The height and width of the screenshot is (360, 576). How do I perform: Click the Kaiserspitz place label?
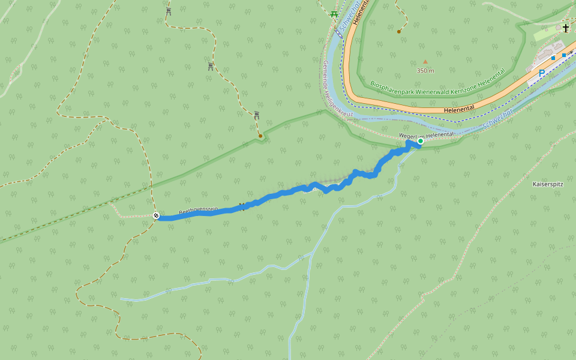point(548,185)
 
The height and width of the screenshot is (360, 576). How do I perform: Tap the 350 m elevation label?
point(425,70)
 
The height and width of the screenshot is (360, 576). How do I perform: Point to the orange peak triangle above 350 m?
point(425,61)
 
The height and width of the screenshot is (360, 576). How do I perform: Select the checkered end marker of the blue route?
point(156,215)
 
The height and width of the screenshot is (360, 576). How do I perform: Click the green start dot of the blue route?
point(420,142)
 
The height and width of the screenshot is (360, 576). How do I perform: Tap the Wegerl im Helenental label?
point(427,135)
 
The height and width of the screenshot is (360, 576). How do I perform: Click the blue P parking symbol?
point(541,73)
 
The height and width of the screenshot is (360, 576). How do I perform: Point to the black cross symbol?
point(566,28)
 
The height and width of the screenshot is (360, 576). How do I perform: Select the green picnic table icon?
point(334,14)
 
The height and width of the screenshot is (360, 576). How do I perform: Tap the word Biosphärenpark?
point(392,84)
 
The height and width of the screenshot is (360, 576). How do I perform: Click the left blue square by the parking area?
point(553,58)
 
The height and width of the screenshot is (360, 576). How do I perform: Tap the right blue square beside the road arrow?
point(564,55)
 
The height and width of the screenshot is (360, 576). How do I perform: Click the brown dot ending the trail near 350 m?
point(399,31)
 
